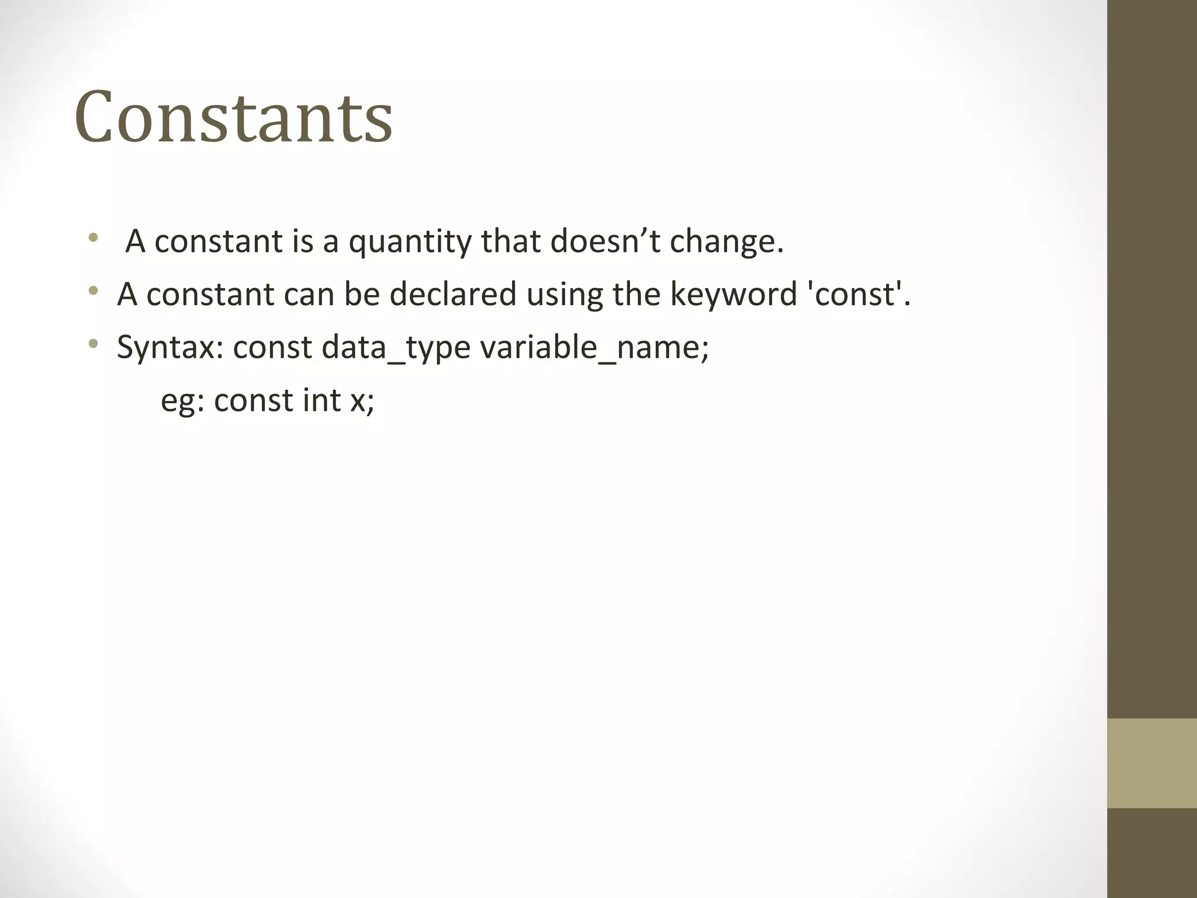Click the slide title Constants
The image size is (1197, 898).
tap(234, 117)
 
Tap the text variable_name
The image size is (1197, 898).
tap(594, 347)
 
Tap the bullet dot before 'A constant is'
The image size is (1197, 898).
tap(93, 238)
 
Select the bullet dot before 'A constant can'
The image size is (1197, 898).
tap(93, 291)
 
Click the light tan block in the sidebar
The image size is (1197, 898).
tap(1152, 763)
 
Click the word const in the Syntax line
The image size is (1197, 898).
tap(272, 347)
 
